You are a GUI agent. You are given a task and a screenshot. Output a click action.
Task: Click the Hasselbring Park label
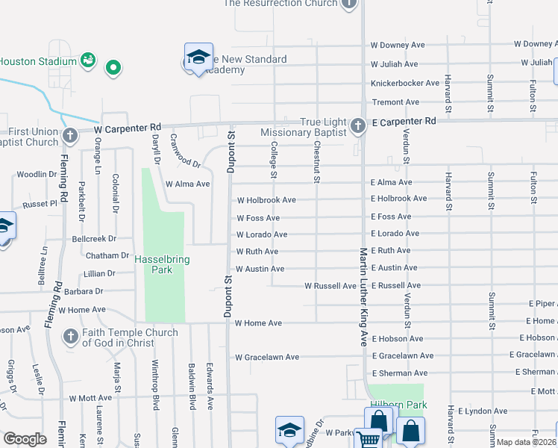tap(162, 264)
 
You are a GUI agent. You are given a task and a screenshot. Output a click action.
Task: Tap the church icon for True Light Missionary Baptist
tap(358, 125)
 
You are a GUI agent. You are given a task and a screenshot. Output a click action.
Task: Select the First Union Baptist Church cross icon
tap(70, 136)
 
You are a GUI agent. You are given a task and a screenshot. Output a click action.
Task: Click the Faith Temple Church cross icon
tap(71, 336)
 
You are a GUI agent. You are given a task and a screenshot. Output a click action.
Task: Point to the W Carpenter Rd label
tap(128, 128)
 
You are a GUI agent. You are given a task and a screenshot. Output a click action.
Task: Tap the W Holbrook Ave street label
tap(266, 200)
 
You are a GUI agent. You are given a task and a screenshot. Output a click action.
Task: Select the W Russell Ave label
tap(330, 286)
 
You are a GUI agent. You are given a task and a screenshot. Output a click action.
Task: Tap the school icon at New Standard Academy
tap(198, 57)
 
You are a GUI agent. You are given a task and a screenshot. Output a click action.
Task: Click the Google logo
tap(25, 439)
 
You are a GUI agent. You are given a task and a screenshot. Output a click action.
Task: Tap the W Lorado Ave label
tap(262, 234)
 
